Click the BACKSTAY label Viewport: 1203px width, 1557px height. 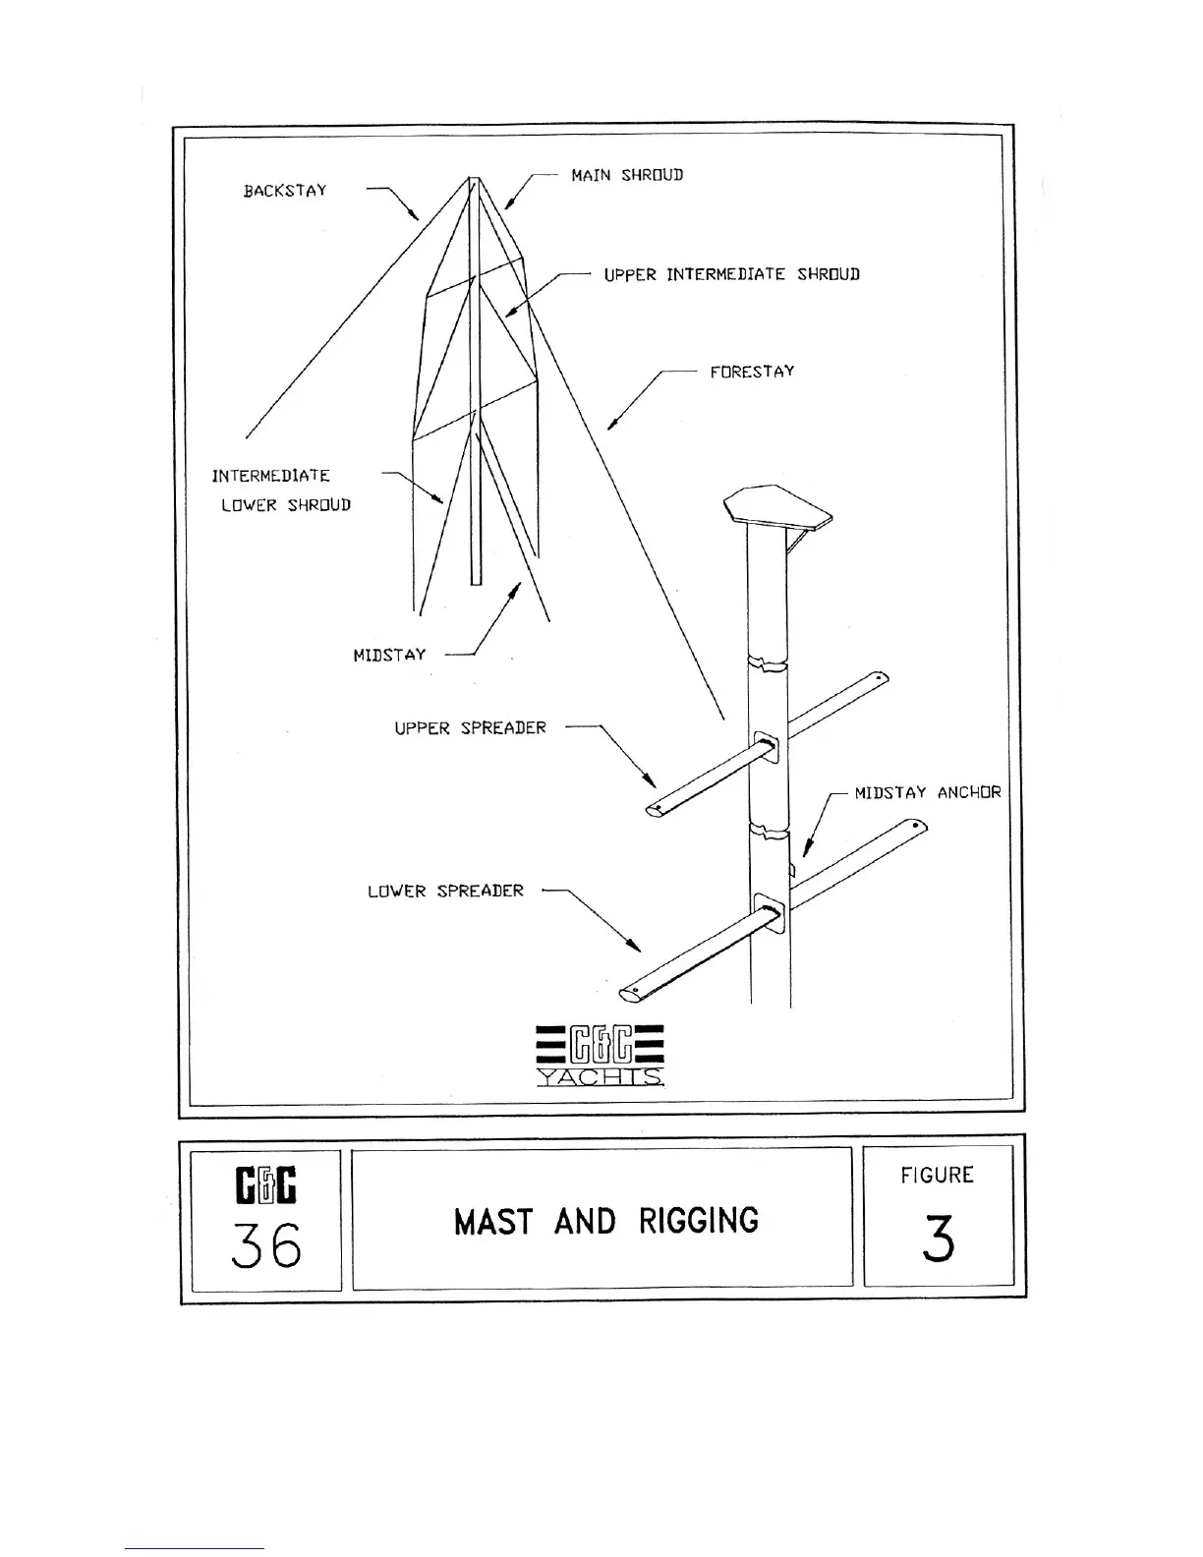coord(285,191)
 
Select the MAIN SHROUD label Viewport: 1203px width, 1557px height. coord(627,175)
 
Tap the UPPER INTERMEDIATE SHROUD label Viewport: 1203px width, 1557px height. coord(731,274)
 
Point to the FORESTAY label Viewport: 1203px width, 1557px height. coord(752,372)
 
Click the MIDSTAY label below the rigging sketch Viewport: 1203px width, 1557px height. coord(389,655)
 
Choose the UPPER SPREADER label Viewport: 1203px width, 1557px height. coord(470,728)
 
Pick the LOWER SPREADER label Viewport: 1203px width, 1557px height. coord(445,892)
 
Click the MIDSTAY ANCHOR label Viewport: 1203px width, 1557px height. coord(927,792)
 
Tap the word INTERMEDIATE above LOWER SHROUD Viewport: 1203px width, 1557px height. coord(271,476)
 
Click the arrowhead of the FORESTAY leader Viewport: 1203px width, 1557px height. coord(610,427)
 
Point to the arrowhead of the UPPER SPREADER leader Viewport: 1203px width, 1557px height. coord(652,783)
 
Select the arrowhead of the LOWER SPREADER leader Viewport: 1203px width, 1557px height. coord(637,948)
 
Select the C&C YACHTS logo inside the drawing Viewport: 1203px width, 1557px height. coord(601,1055)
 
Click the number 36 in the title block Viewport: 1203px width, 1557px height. coord(265,1247)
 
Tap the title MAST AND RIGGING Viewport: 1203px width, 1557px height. coord(606,1222)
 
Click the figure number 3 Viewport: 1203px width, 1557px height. coord(938,1240)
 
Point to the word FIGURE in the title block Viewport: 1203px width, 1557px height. coord(938,1176)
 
